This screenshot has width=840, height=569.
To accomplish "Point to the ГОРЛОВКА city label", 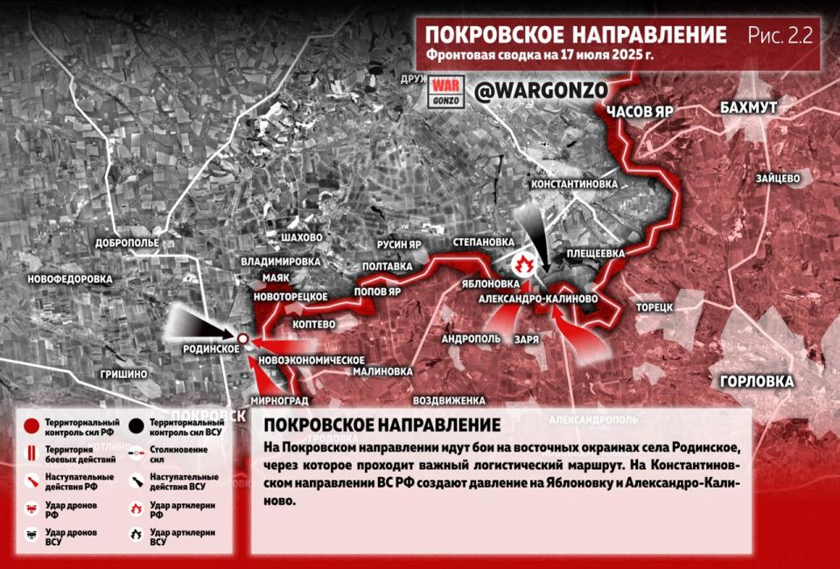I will pos(757,382).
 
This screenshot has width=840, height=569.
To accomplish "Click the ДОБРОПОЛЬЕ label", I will pos(128,242).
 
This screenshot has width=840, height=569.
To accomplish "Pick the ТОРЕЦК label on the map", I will pos(654,307).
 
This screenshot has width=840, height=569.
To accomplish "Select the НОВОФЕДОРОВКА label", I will pos(71,278).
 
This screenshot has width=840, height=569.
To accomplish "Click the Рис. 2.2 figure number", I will pos(780,36).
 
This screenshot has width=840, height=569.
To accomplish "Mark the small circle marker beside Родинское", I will pos(241,338).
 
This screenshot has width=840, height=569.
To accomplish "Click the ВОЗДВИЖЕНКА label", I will pos(449,400).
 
